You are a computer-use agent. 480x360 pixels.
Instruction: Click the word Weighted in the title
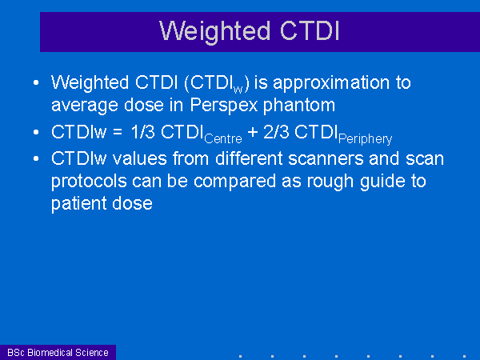click(214, 32)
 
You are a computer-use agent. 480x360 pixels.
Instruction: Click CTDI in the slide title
click(310, 30)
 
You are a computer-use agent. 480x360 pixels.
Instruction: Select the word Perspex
click(224, 106)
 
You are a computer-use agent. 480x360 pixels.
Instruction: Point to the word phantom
click(299, 105)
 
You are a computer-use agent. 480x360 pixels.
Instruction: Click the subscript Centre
click(223, 139)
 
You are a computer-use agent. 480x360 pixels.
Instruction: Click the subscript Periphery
click(366, 139)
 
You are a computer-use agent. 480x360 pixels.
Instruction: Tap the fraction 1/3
click(142, 132)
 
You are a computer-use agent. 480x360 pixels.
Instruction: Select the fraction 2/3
click(276, 132)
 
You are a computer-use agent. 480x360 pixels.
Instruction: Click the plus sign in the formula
click(253, 133)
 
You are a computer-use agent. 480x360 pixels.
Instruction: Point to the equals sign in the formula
click(118, 133)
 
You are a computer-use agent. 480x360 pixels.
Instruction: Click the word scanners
click(326, 159)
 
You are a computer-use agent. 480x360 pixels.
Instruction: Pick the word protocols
click(89, 182)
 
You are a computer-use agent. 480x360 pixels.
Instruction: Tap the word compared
click(234, 182)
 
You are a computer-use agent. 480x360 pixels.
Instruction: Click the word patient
click(79, 204)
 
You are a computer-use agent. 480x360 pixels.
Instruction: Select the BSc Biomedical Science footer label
click(58, 353)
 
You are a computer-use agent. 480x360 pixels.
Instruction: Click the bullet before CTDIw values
click(36, 158)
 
